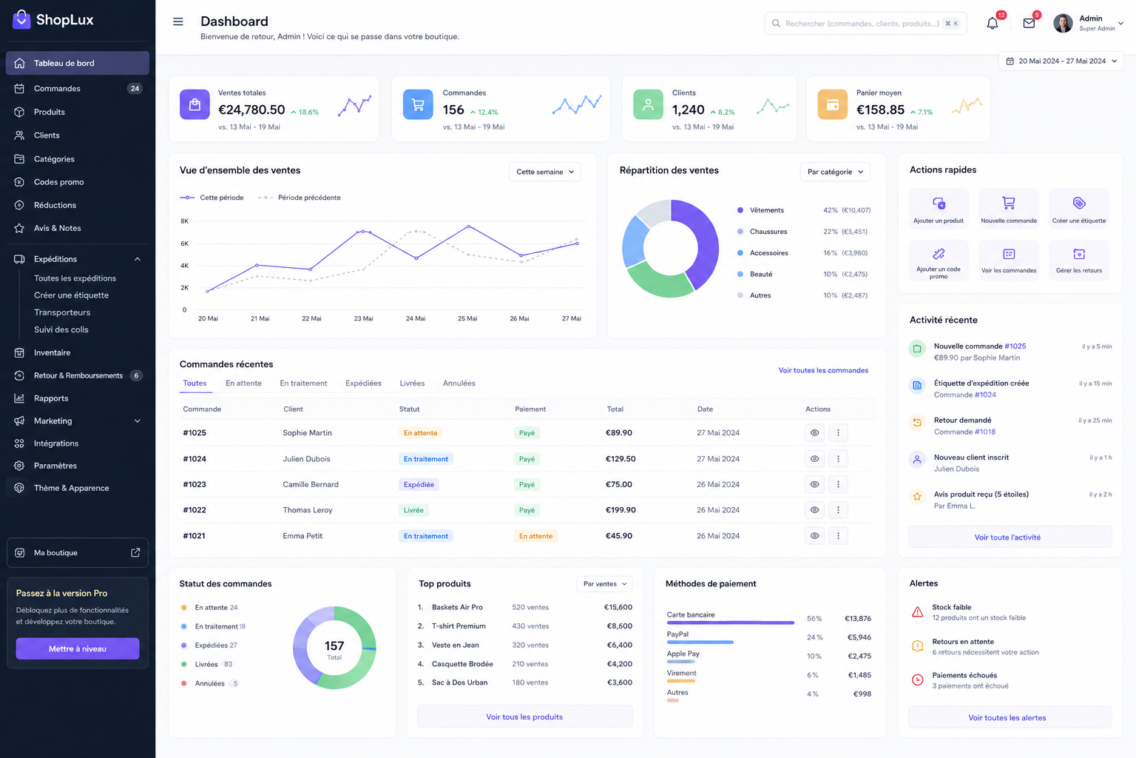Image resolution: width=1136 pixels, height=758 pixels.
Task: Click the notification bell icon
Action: pyautogui.click(x=992, y=24)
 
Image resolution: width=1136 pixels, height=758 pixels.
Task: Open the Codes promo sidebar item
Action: pyautogui.click(x=59, y=182)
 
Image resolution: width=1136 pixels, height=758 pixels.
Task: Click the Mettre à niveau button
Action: pyautogui.click(x=78, y=648)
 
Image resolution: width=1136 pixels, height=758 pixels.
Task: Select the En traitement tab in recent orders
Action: pyautogui.click(x=303, y=383)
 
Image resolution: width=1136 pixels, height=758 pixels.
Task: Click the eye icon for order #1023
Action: pyautogui.click(x=814, y=484)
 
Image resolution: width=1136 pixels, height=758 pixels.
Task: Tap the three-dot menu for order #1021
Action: pyautogui.click(x=838, y=536)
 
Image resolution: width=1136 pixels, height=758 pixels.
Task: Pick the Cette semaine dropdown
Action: pyautogui.click(x=544, y=172)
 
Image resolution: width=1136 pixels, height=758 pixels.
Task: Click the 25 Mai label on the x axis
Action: pyautogui.click(x=467, y=318)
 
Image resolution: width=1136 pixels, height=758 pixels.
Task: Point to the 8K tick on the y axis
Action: pyautogui.click(x=185, y=221)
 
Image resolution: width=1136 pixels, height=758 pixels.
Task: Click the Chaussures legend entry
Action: pyautogui.click(x=768, y=232)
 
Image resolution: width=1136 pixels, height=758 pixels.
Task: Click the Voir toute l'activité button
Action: pyautogui.click(x=1007, y=537)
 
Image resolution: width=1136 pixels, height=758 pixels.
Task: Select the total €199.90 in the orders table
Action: pyautogui.click(x=621, y=510)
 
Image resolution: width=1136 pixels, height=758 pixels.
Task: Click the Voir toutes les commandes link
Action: pyautogui.click(x=823, y=370)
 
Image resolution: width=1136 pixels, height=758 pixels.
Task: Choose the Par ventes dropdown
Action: pyautogui.click(x=604, y=584)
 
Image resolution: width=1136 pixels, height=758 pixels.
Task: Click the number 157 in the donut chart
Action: pyautogui.click(x=334, y=645)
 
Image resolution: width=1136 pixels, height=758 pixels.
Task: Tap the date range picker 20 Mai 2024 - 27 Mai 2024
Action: pyautogui.click(x=1061, y=61)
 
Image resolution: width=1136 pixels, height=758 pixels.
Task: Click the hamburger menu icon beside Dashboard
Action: pyautogui.click(x=178, y=21)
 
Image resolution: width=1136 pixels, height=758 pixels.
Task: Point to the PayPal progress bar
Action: pyautogui.click(x=700, y=643)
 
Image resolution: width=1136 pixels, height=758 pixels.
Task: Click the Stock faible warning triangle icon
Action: pyautogui.click(x=917, y=611)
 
